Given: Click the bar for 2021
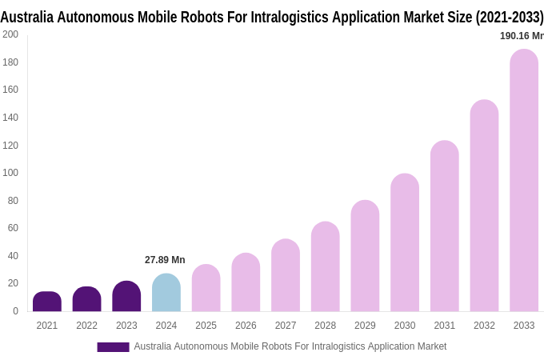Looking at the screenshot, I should point(47,302).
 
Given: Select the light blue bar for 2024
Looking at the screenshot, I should point(166,293).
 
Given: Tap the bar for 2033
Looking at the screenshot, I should point(524,181).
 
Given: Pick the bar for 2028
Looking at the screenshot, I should point(326,267).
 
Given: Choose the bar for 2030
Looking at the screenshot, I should point(405,243).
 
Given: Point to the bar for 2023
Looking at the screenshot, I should point(126,297).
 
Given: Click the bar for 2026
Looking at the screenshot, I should point(246,282).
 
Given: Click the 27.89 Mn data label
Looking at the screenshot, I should point(165,260).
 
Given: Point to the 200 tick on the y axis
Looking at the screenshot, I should point(10,34).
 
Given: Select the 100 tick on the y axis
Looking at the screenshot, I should point(10,173).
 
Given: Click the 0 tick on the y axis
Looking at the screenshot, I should point(15,311).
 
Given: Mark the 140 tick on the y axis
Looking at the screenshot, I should point(10,118).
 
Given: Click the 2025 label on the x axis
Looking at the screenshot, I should point(206,326).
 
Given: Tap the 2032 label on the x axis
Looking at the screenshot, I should point(484,326).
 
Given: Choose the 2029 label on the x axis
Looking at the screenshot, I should point(365,326).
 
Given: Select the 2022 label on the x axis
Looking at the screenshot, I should point(86,326).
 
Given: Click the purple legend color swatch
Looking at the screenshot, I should point(113,347).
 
